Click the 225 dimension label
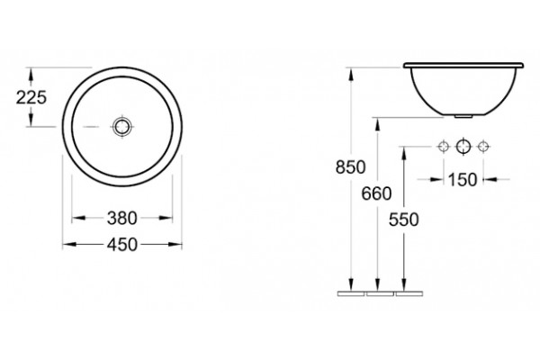(x=31, y=97)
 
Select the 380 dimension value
(x=121, y=219)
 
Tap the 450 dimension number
(x=121, y=245)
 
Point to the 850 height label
(x=351, y=167)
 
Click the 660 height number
(x=376, y=194)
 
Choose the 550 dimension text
(x=403, y=220)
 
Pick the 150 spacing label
(x=463, y=179)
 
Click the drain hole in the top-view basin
(x=122, y=126)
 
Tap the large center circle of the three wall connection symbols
(x=463, y=147)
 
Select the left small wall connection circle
(x=443, y=147)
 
